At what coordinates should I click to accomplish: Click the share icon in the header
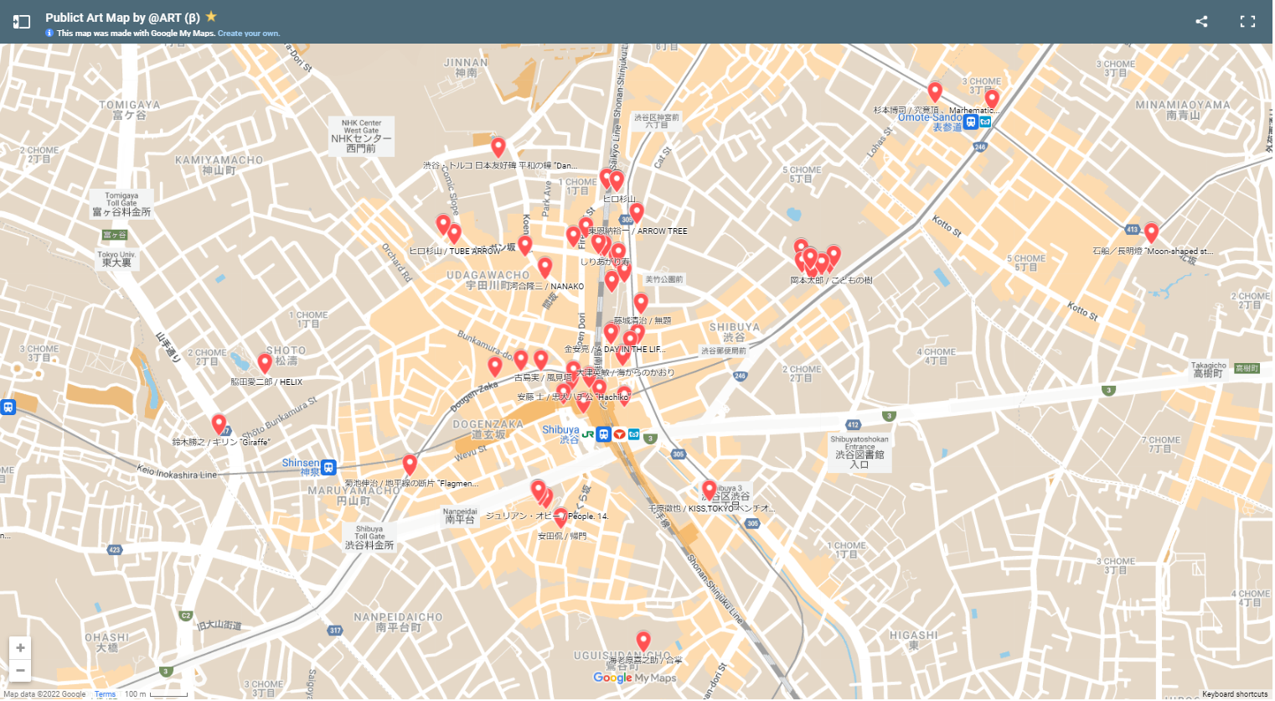[1201, 22]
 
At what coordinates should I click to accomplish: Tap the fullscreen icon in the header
[1247, 22]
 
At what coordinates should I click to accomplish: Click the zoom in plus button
[20, 648]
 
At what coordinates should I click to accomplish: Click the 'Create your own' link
[249, 34]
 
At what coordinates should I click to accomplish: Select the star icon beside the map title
[211, 16]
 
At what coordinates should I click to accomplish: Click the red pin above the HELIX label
[265, 363]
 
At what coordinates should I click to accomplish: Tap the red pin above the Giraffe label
[219, 423]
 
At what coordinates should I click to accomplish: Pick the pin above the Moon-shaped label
[1151, 232]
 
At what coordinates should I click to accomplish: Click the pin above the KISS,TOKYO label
[709, 490]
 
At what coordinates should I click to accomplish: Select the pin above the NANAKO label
[545, 267]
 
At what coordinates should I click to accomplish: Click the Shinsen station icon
[328, 468]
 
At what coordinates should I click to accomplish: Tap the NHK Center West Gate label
[361, 136]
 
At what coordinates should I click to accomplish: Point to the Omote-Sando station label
[930, 118]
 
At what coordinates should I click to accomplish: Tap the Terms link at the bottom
[105, 694]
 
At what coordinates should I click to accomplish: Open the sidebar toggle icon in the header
[22, 22]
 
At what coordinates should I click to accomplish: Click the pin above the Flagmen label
[410, 464]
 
